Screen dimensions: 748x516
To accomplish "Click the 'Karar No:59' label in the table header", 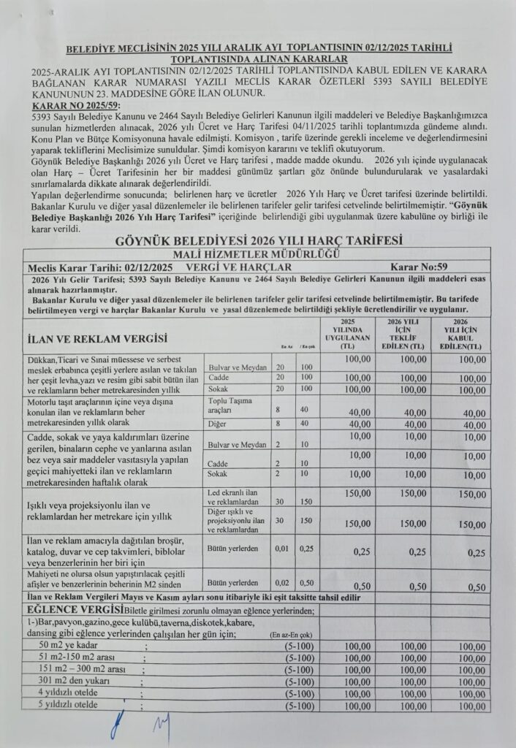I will pos(423,267).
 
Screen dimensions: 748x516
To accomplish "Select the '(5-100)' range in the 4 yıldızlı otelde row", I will pos(299,693).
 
